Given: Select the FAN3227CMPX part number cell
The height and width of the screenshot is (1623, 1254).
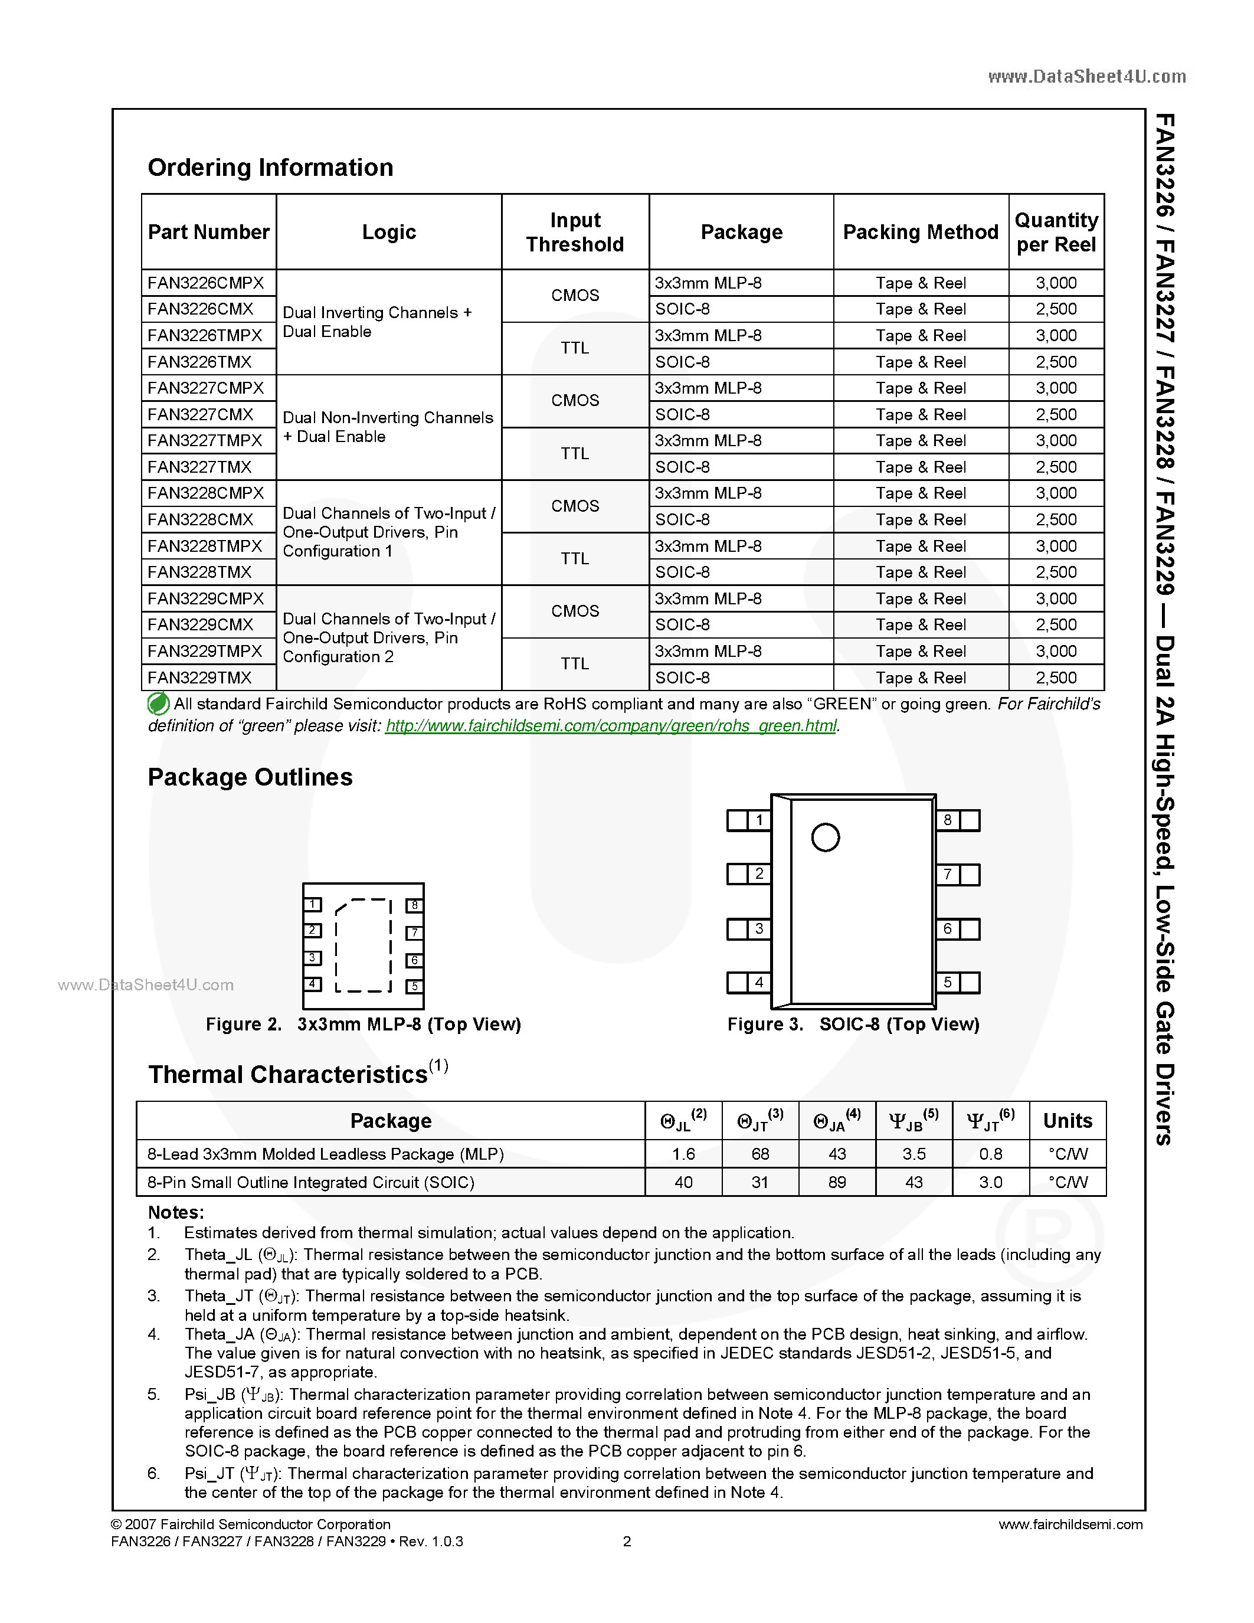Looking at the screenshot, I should pyautogui.click(x=206, y=388).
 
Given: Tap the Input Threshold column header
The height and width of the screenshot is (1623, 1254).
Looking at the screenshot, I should pyautogui.click(x=575, y=232).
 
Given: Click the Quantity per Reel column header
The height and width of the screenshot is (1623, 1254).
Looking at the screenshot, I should pyautogui.click(x=1056, y=232).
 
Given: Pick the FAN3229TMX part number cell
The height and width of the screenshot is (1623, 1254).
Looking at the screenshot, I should pyautogui.click(x=200, y=678).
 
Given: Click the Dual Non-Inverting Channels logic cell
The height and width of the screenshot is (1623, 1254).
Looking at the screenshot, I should pyautogui.click(x=388, y=427).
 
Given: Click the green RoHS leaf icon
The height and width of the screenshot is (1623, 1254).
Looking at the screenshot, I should pyautogui.click(x=158, y=703).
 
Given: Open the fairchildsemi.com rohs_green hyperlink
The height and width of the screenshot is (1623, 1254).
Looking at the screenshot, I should pyautogui.click(x=611, y=726).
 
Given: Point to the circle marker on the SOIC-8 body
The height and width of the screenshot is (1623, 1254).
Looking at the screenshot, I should pyautogui.click(x=826, y=837).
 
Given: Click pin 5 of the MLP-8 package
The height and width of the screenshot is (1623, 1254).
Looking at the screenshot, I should pyautogui.click(x=414, y=987).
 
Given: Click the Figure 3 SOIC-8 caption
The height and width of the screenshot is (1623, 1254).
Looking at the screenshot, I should pyautogui.click(x=853, y=1024).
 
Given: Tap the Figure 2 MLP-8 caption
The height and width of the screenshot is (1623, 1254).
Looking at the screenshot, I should pyautogui.click(x=364, y=1024).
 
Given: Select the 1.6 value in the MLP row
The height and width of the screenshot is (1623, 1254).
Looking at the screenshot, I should pyautogui.click(x=683, y=1154).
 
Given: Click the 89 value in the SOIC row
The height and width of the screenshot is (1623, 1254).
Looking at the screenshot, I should pyautogui.click(x=837, y=1182).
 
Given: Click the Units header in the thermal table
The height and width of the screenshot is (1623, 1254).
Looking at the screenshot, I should pyautogui.click(x=1067, y=1121).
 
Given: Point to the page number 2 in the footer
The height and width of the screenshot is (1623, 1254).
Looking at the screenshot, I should pyautogui.click(x=627, y=1541).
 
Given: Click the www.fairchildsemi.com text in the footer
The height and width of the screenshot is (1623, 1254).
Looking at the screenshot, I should pyautogui.click(x=1070, y=1524).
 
